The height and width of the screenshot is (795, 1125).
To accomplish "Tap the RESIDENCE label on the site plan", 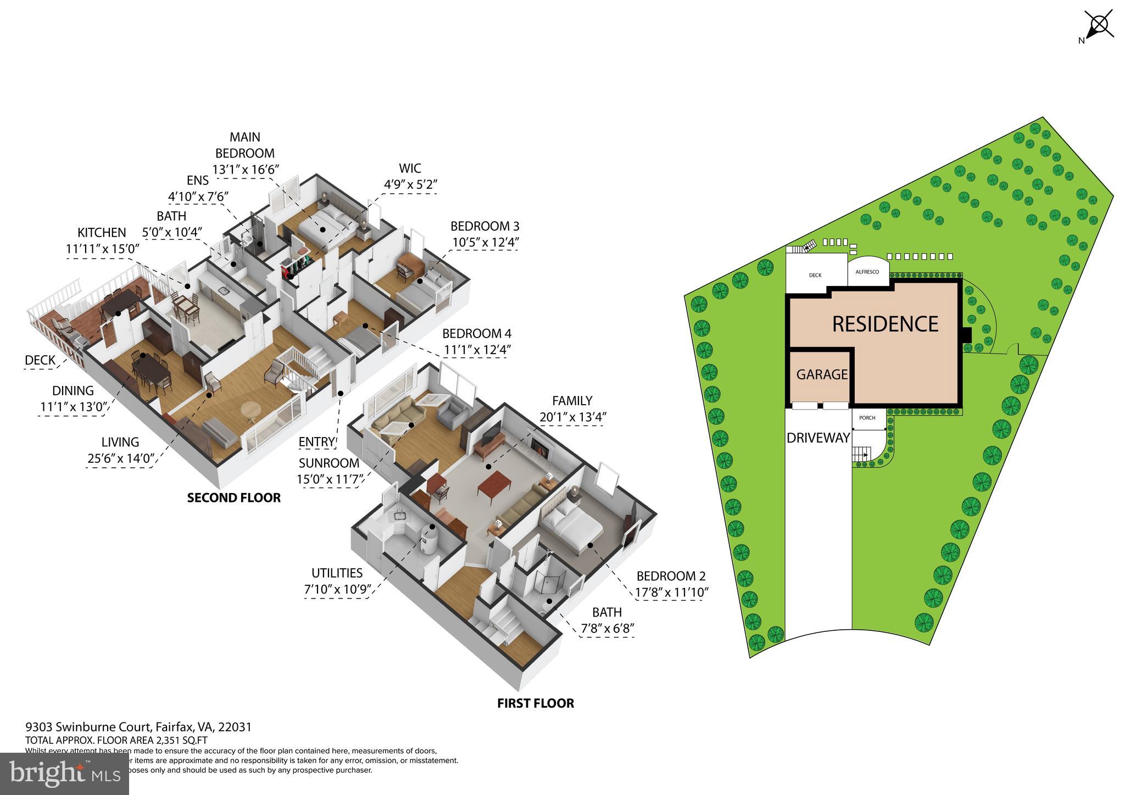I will pos(885,324).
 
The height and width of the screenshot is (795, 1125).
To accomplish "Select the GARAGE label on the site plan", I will pos(822,374).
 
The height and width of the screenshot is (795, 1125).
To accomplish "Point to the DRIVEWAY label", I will pos(818,438).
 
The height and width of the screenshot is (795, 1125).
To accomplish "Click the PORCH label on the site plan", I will pos(867,418).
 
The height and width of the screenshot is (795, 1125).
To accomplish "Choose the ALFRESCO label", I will pos(867,272).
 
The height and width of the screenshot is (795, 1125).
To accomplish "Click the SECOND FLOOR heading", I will pos(234,498).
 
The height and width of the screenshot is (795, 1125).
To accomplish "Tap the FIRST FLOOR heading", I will pos(536,703).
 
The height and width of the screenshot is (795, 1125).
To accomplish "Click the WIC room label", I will pos(410,168).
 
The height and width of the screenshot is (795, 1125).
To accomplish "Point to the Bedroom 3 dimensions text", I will pos(486,242).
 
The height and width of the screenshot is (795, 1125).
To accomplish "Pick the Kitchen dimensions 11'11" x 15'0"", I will pos(103,248).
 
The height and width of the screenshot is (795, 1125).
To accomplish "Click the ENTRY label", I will pos(316,442).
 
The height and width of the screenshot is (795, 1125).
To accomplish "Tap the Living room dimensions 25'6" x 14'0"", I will pos(120,458).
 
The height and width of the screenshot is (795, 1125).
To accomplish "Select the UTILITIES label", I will pos(337,573).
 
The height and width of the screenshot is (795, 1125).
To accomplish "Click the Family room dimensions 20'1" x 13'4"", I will pos(572,417).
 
